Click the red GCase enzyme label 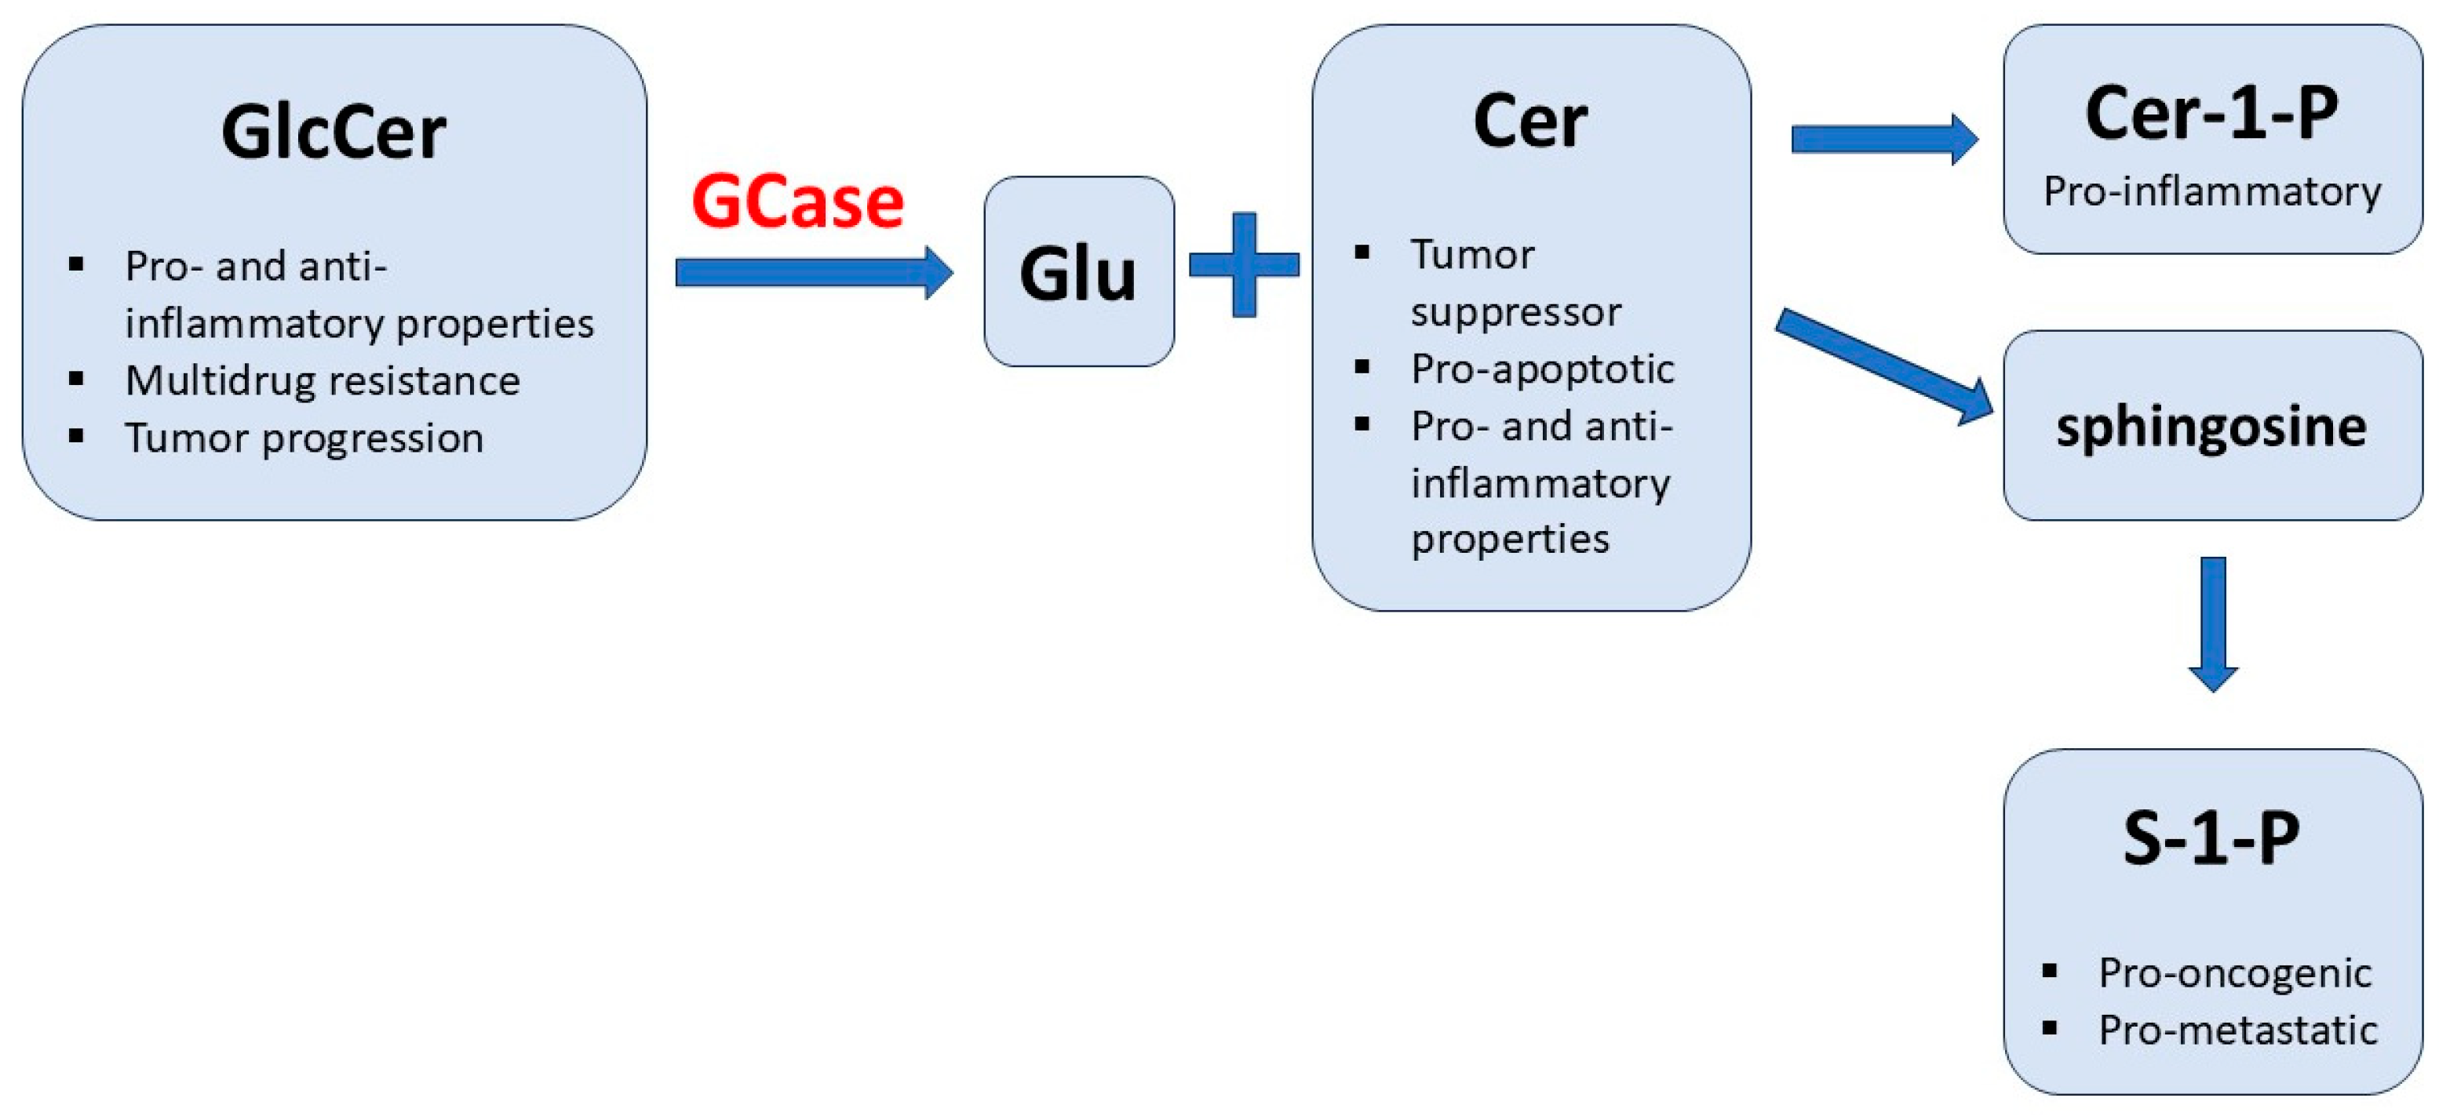point(797,202)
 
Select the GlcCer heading point(334,133)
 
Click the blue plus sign point(1244,265)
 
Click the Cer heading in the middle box point(1530,123)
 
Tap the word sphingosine point(2211,427)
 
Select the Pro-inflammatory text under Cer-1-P point(2211,192)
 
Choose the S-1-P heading point(2211,838)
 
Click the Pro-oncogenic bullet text point(2234,973)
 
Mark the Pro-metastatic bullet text point(2237,1030)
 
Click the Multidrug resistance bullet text point(322,380)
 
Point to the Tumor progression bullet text point(304,438)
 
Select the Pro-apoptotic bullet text point(1541,369)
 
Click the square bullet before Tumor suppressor point(1362,252)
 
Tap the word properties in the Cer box point(1510,540)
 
